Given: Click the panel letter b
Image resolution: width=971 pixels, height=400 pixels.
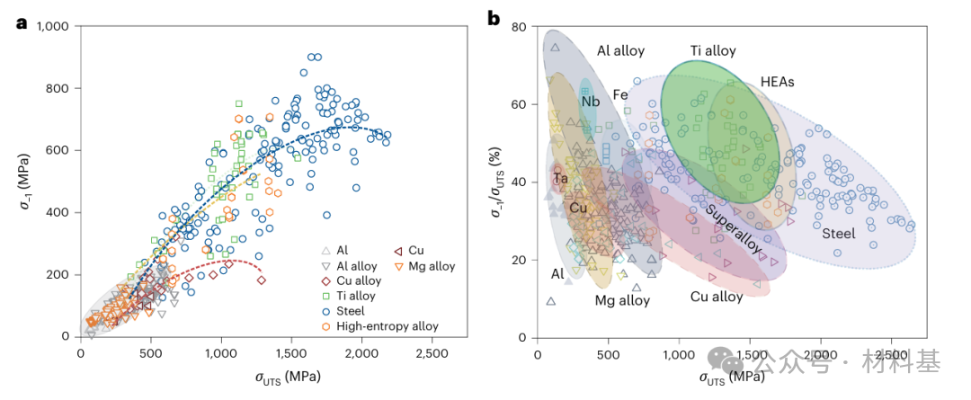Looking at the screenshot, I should [494, 18].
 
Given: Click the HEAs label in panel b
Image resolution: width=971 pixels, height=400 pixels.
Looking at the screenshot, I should [777, 82].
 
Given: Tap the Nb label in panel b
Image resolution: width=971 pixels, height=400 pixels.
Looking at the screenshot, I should [590, 102].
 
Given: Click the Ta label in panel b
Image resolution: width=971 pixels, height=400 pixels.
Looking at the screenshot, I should [560, 179].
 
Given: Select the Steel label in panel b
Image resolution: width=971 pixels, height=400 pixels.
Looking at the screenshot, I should [839, 234].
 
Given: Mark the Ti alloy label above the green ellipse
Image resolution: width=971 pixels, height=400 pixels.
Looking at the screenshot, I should [713, 51].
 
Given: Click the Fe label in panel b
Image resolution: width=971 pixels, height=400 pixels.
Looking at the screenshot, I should [620, 94].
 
